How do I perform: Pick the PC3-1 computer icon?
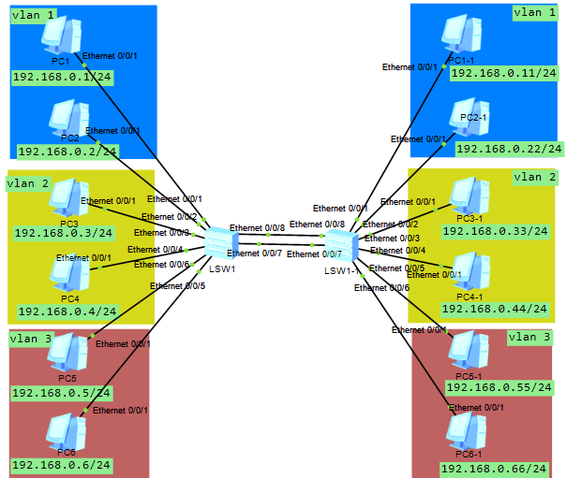tap(466, 196)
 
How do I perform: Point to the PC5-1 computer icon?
tap(467, 349)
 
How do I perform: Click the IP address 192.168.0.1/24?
tap(62, 78)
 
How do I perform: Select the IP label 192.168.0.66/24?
tap(497, 467)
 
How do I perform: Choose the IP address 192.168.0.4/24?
tap(67, 311)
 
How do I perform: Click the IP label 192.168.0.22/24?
tap(509, 148)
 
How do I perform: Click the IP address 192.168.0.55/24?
tap(497, 386)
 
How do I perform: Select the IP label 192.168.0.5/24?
tap(62, 393)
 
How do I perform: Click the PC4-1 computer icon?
tap(468, 272)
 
